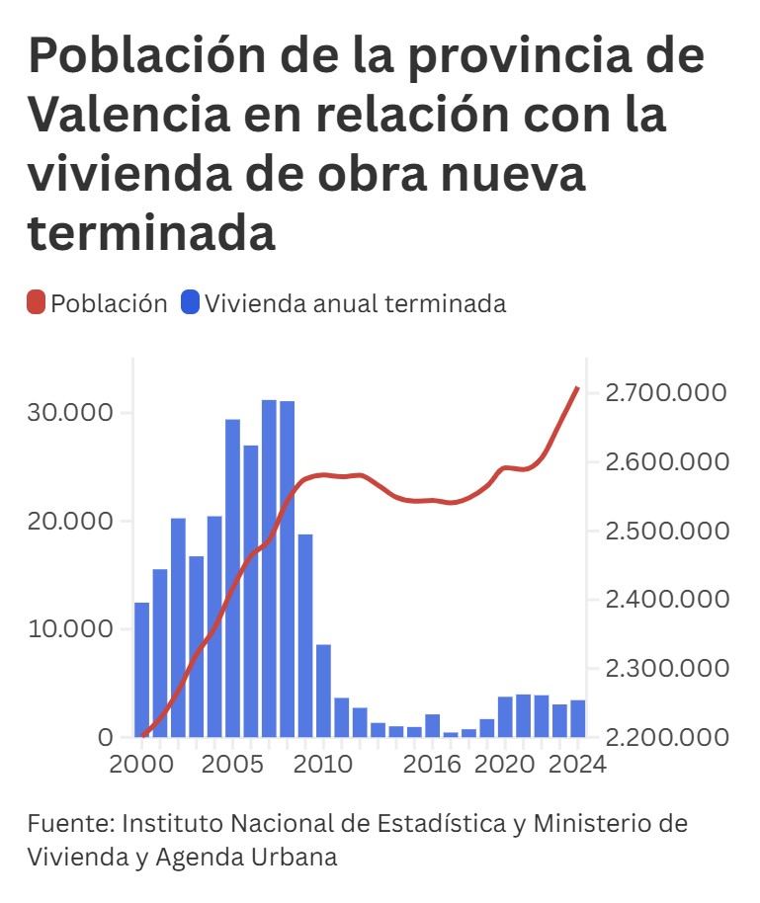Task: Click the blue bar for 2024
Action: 577,718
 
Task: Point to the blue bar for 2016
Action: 433,726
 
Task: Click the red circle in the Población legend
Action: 37,303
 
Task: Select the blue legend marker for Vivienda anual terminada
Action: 191,303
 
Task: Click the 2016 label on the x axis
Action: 433,765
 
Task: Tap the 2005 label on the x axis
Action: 233,765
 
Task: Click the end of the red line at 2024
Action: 578,388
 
